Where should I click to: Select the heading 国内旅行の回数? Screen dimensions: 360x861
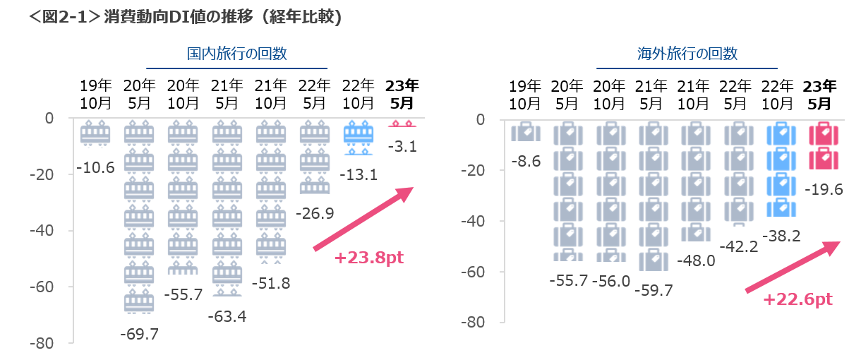237,54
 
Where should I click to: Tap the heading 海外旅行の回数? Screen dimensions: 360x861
687,54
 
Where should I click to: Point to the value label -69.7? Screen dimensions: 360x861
140,334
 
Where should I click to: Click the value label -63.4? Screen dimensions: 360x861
227,316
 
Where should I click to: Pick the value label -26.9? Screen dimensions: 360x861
315,212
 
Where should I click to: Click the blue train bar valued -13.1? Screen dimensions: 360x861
359,137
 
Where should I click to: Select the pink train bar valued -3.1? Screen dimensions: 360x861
402,124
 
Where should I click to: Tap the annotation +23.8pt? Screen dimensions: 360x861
369,258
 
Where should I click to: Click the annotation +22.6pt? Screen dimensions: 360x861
798,299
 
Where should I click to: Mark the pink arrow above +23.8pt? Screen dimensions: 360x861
363,218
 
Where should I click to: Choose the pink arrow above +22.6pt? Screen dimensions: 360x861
793,267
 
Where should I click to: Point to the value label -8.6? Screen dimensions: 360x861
526,162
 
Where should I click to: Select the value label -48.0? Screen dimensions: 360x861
697,260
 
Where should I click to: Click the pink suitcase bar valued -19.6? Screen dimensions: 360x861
824,146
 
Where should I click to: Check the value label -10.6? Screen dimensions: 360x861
95,167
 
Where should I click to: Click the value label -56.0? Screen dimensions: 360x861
611,280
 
